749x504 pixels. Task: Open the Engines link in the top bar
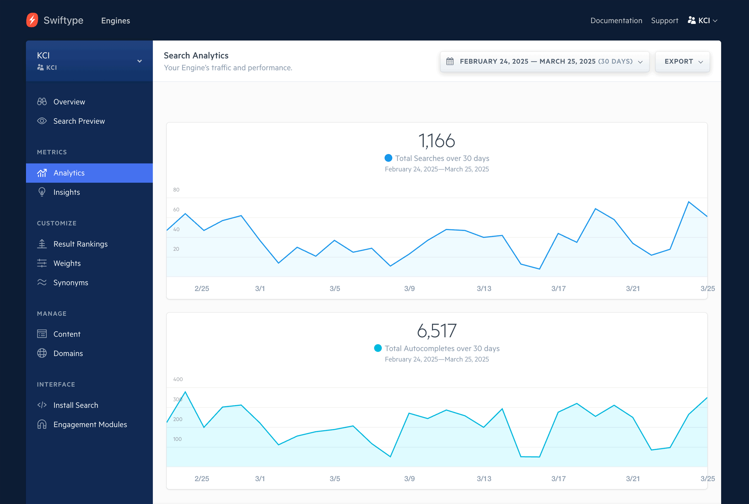[116, 21]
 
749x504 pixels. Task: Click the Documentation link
[616, 21]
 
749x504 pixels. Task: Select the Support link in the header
[664, 21]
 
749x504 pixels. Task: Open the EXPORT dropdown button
[682, 61]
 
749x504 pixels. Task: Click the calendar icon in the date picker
[450, 61]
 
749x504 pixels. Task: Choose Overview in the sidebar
[69, 102]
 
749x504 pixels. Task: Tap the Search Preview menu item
[79, 121]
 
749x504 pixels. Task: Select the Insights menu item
[67, 192]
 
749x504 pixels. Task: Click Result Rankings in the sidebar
[80, 244]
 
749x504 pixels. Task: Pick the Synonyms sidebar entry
[71, 282]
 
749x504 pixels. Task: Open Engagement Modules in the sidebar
[90, 425]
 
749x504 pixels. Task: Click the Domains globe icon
[42, 353]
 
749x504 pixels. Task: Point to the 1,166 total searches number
[437, 141]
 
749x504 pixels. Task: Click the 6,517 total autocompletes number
[437, 331]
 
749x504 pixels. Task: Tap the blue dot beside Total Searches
[388, 158]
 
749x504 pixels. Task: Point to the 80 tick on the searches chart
[176, 190]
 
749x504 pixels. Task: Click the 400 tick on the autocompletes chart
[178, 379]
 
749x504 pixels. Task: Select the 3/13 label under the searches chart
[484, 289]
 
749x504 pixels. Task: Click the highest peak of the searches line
[688, 202]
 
